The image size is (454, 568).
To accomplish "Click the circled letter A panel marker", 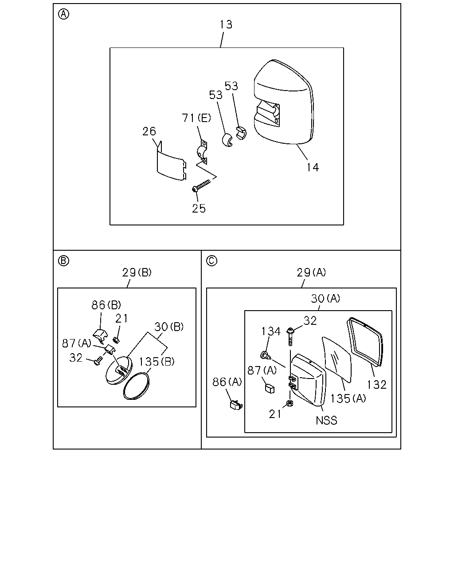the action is [x=63, y=14].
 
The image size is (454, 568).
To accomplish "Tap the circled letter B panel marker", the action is [x=63, y=261].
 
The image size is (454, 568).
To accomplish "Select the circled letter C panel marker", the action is [x=211, y=261].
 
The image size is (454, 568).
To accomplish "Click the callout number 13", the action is [x=226, y=24].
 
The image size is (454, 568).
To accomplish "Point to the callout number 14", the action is [x=313, y=167].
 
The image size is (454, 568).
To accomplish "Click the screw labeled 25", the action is [x=202, y=185].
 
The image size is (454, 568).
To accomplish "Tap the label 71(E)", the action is [x=196, y=118].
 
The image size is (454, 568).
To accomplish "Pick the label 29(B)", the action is [x=137, y=272].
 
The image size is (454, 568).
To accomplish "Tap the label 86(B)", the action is [x=106, y=305].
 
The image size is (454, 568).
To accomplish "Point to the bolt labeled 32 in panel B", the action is [x=98, y=360].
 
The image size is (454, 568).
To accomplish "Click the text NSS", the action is [x=326, y=421].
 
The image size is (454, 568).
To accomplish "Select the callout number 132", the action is [x=377, y=385].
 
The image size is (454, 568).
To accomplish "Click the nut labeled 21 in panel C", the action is [x=289, y=403].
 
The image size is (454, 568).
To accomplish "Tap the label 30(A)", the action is [x=325, y=299].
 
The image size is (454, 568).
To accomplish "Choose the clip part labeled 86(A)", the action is [x=236, y=405].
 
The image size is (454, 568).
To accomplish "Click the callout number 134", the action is [x=271, y=331].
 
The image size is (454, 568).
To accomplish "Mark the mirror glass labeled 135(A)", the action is [x=337, y=359].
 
